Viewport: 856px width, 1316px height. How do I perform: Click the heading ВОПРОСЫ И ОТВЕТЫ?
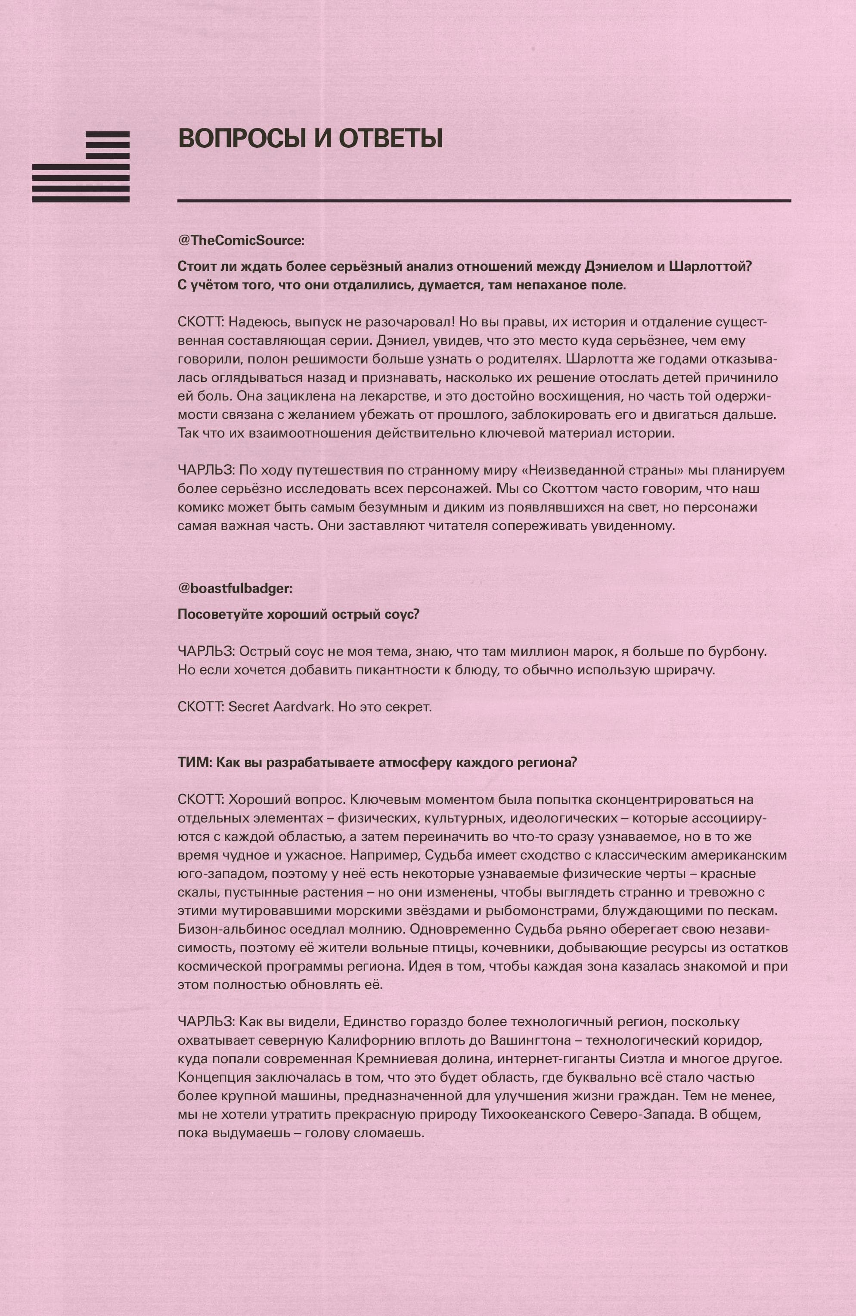[x=310, y=138]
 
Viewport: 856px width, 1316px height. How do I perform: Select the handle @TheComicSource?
[x=241, y=241]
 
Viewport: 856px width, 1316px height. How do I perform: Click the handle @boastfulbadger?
[x=235, y=588]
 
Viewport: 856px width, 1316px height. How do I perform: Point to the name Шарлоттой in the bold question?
[x=710, y=267]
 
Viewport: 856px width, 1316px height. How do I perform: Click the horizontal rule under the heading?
[x=484, y=201]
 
